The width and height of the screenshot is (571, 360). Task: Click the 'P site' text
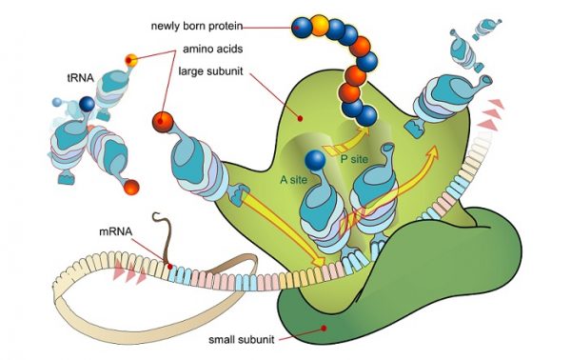tap(354, 161)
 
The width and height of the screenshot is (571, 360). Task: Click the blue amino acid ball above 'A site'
tap(316, 161)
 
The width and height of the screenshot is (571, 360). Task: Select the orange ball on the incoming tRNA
tap(164, 122)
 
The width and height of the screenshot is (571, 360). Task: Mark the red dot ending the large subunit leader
tap(300, 118)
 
